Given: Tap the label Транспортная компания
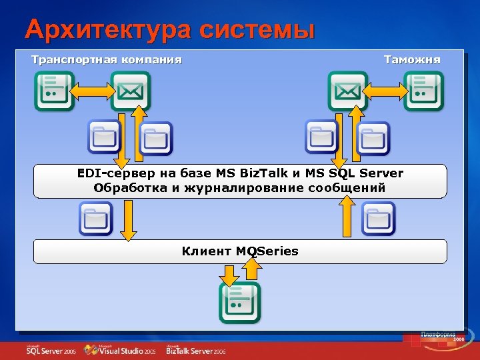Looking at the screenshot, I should pyautogui.click(x=107, y=60).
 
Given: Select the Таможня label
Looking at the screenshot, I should pyautogui.click(x=412, y=60).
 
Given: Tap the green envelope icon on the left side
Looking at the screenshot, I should pyautogui.click(x=130, y=90).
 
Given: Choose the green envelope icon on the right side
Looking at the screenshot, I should pyautogui.click(x=347, y=90).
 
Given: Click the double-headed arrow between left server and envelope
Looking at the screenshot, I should pyautogui.click(x=92, y=90).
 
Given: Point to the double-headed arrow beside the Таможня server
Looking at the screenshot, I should pyautogui.click(x=387, y=90).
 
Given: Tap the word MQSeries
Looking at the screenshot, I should pyautogui.click(x=267, y=251).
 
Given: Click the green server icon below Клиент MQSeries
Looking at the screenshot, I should pyautogui.click(x=239, y=302).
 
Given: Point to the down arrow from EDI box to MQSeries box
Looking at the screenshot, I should pyautogui.click(x=129, y=220).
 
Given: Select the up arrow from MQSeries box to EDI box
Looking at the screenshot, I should pyautogui.click(x=347, y=217).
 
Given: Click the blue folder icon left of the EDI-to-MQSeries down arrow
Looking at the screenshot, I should pyautogui.click(x=95, y=219).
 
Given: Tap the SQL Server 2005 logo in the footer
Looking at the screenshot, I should pyautogui.click(x=51, y=349).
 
